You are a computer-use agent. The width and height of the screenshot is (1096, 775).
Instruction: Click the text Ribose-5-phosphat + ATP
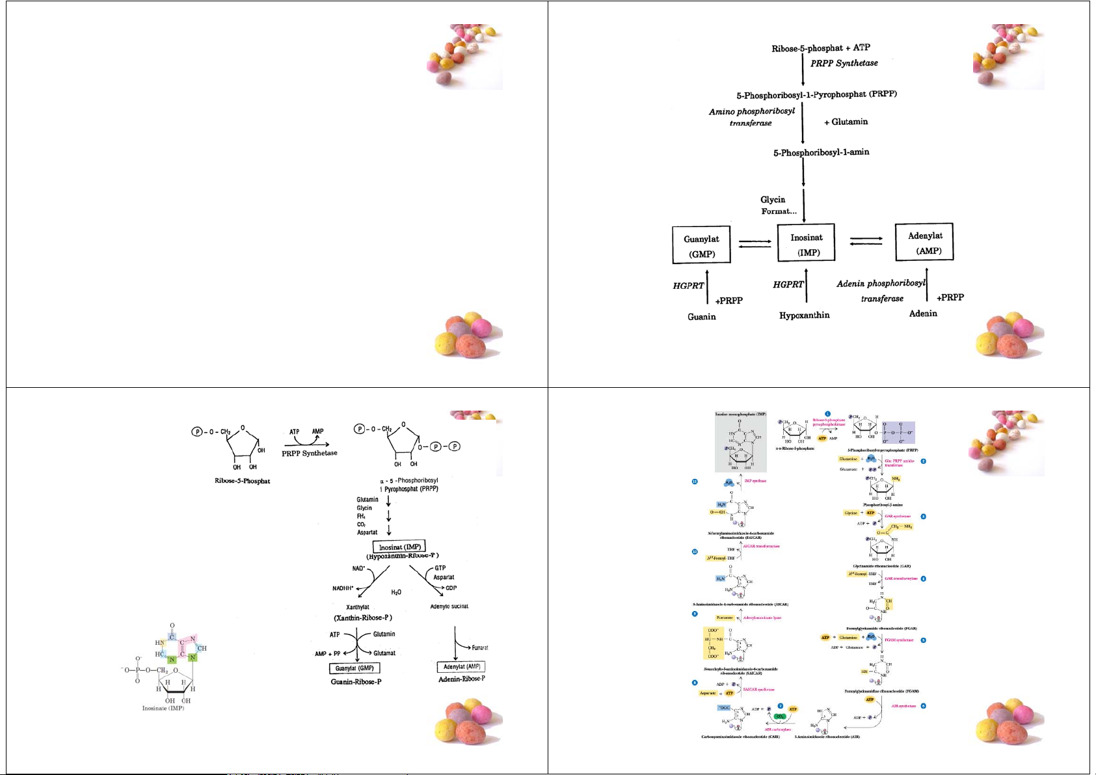tap(820, 48)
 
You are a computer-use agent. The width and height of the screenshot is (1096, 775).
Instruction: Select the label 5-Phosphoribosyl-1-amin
tap(821, 152)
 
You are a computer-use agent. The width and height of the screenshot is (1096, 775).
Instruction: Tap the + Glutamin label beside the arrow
tap(846, 122)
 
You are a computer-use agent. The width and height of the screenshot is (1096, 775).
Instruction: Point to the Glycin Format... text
tap(778, 206)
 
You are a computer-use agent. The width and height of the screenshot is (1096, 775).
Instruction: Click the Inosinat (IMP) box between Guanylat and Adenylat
tap(806, 245)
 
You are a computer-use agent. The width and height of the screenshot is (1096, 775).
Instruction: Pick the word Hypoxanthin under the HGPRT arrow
tap(805, 316)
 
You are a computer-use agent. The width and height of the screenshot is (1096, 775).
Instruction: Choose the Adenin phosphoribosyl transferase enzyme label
tap(881, 291)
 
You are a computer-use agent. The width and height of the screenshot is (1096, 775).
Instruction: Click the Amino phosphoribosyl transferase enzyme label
tap(752, 116)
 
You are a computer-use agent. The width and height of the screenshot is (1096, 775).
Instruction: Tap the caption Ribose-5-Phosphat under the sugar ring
tap(242, 481)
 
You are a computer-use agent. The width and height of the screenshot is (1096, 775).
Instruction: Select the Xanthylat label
tap(358, 607)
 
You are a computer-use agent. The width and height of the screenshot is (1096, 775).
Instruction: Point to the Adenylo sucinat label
tap(449, 606)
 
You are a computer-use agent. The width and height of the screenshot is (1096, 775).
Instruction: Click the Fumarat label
tap(480, 647)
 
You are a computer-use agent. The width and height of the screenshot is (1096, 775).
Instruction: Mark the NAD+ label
tap(359, 568)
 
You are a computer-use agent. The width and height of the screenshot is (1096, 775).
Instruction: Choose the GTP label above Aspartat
tap(440, 568)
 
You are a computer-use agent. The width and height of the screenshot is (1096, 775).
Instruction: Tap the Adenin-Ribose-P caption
tap(462, 679)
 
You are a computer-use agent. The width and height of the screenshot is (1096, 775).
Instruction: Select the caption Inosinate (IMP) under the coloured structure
tap(163, 708)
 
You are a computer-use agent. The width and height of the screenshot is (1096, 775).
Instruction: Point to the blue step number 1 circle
tap(827, 413)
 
